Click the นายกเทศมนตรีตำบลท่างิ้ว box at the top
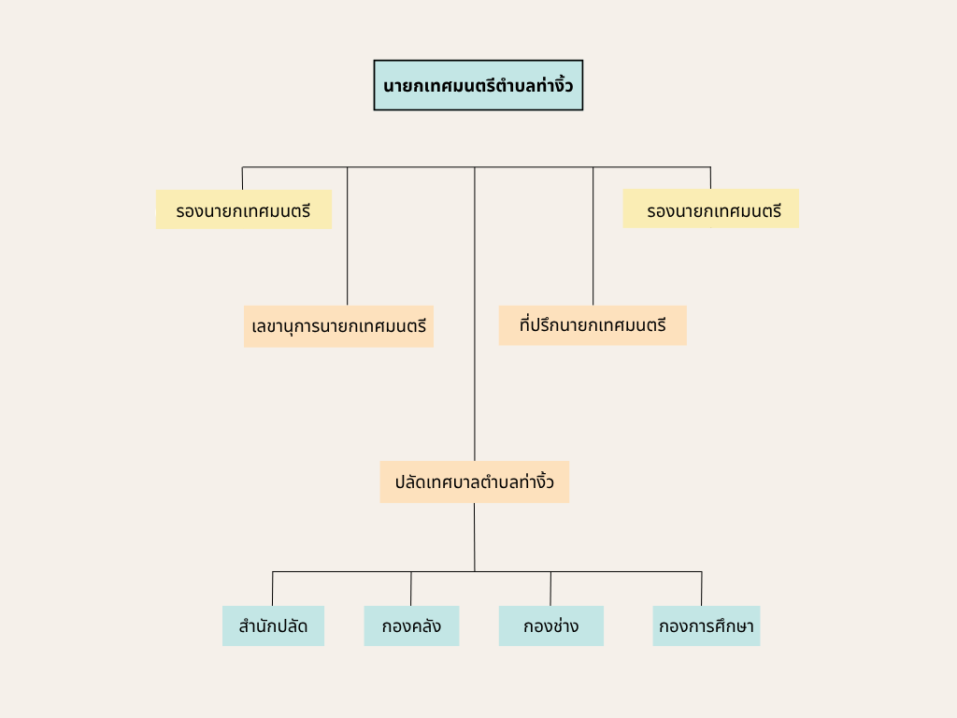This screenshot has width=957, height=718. point(478,85)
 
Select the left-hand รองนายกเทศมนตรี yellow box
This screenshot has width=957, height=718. point(244,209)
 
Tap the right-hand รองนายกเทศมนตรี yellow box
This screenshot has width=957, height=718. point(711,208)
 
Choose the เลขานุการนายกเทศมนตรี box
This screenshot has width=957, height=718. point(338,326)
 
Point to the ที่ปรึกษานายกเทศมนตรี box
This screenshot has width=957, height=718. point(593,325)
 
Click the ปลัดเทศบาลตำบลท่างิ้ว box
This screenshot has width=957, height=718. point(474,481)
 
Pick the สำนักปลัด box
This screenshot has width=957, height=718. point(274,625)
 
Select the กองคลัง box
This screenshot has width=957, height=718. point(411,625)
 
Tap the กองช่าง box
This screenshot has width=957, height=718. point(551,625)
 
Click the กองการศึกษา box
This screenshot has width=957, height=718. point(707,625)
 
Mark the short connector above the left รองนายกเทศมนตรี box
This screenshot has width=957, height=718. point(242,179)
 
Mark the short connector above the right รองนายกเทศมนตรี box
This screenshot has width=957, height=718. point(710,178)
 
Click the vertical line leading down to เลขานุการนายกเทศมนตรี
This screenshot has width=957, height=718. point(348,237)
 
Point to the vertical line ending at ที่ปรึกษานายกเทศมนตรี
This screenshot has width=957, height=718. point(593,237)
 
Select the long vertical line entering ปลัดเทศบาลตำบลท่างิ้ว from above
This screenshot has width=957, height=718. point(475,314)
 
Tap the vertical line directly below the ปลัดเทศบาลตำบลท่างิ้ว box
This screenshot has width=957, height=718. point(474,538)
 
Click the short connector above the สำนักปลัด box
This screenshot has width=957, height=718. point(272,589)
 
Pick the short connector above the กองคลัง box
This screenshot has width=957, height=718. point(411,589)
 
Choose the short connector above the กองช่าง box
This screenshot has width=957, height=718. point(550,589)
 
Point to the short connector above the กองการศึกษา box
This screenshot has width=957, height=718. point(701,589)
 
